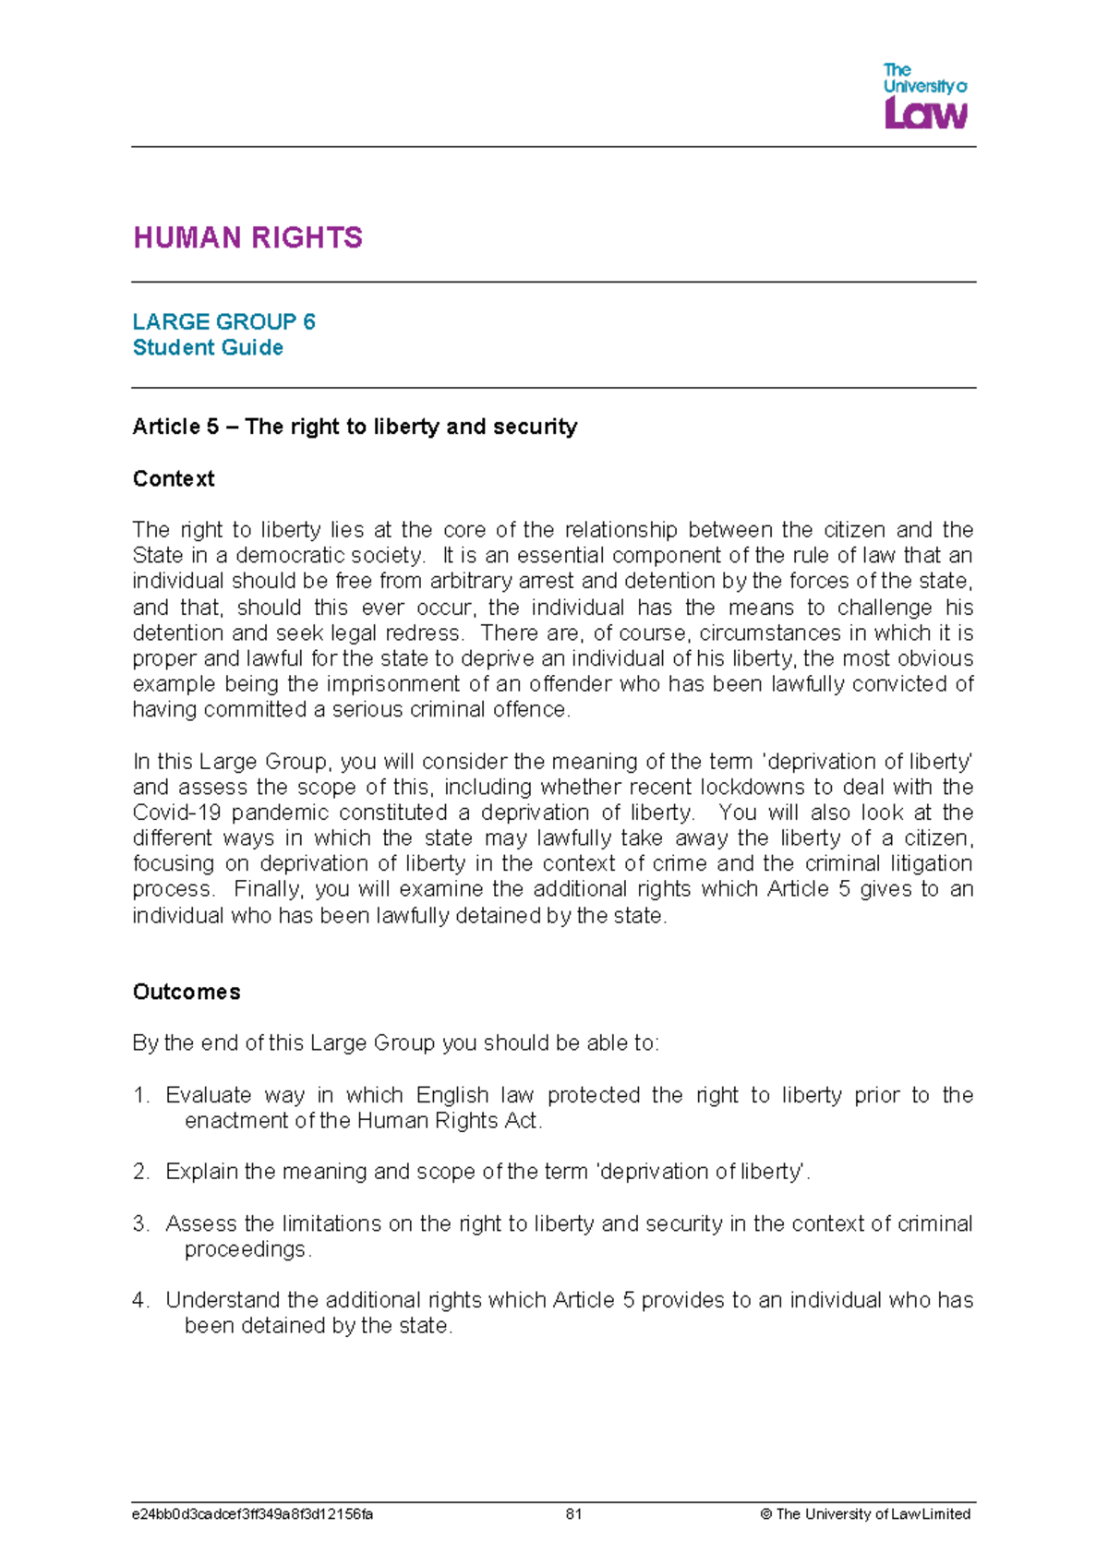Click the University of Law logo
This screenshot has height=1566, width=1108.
924,95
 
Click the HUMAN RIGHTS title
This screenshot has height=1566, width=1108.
247,237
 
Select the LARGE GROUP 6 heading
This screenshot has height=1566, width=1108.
223,321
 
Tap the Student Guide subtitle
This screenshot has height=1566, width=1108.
208,347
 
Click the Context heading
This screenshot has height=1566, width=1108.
174,478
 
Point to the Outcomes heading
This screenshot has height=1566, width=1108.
187,992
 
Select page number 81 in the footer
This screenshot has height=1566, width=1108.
573,1514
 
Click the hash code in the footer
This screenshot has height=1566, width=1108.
252,1514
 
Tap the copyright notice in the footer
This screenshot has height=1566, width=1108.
864,1514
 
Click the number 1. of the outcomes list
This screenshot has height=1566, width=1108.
140,1095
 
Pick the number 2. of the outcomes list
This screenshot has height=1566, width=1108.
140,1172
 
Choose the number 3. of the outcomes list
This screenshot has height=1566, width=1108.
140,1223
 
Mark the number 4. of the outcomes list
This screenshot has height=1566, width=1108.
140,1300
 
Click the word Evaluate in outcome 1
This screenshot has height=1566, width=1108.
208,1095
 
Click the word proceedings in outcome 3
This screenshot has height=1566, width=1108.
246,1249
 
